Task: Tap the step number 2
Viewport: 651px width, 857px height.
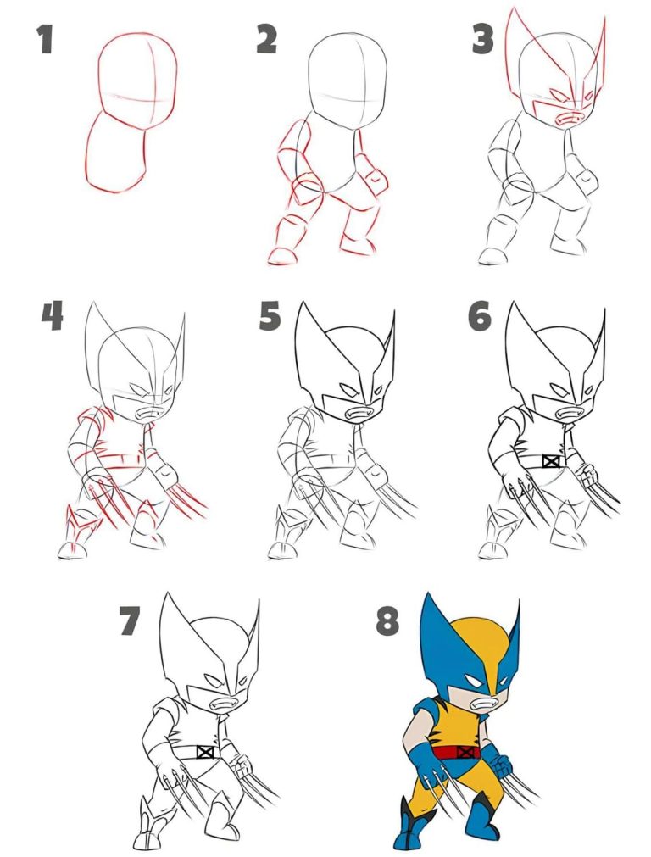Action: click(267, 39)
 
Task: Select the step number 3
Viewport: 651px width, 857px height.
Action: click(482, 39)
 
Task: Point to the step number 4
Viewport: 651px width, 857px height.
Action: click(52, 316)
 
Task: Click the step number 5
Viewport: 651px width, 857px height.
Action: click(270, 316)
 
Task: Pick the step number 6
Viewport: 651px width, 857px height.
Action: click(480, 316)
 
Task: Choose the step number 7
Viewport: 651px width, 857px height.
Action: click(129, 620)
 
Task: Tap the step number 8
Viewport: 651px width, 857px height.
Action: click(387, 620)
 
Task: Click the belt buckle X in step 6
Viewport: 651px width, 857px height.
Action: click(552, 461)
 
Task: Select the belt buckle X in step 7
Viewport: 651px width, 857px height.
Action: click(204, 751)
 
